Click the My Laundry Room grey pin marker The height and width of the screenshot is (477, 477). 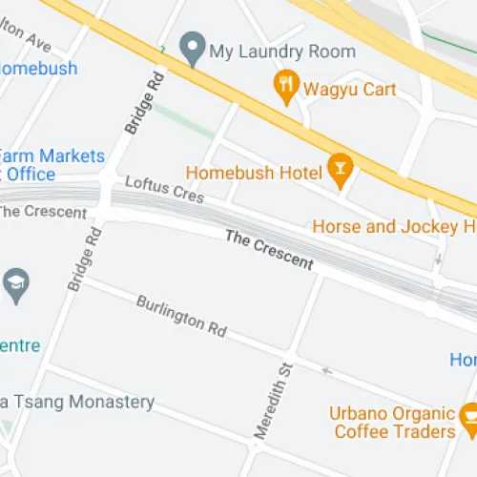coord(194,48)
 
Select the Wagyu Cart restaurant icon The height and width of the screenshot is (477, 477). coord(285,88)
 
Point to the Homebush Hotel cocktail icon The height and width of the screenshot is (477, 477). coord(338,170)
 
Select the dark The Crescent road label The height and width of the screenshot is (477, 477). coord(269,250)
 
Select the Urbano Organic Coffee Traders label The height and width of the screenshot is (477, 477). coord(393,423)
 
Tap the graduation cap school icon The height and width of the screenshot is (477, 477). coord(16,283)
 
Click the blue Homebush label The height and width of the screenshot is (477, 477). coord(38,69)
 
